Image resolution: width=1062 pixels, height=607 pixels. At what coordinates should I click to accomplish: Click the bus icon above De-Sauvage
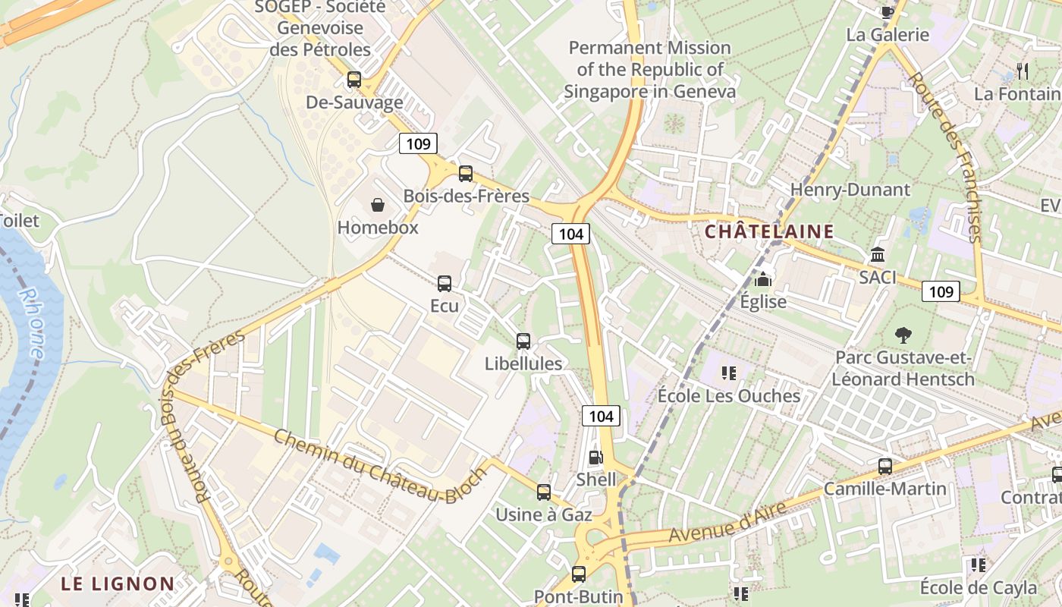[353, 80]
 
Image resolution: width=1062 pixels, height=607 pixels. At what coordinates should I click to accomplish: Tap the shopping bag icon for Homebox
[377, 204]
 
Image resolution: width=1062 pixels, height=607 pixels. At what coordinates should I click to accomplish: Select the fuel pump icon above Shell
[596, 458]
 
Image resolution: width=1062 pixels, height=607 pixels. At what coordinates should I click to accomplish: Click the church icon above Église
[763, 279]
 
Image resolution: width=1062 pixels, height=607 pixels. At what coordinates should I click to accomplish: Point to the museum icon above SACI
[878, 254]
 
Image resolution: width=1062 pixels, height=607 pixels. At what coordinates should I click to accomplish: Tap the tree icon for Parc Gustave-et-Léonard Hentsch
[903, 334]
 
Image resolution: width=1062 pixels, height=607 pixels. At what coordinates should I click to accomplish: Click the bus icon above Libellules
[523, 341]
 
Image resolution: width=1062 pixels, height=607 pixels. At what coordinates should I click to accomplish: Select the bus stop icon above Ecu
[445, 284]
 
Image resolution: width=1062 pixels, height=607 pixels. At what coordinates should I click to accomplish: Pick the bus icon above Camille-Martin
[884, 466]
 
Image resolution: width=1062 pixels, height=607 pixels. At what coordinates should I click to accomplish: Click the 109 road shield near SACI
[941, 291]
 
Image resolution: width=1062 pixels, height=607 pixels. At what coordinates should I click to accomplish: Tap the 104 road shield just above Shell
[601, 416]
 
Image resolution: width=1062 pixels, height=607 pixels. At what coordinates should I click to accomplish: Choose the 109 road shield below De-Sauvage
[418, 143]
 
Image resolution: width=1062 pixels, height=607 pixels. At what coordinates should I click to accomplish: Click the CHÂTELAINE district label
[769, 232]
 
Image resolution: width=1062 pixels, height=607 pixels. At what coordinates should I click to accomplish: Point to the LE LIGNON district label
[118, 584]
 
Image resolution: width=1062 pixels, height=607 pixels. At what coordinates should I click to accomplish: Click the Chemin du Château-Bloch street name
[379, 466]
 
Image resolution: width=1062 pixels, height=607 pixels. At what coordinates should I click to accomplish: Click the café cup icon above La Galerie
[887, 11]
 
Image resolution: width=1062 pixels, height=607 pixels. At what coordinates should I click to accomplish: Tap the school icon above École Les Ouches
[728, 373]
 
